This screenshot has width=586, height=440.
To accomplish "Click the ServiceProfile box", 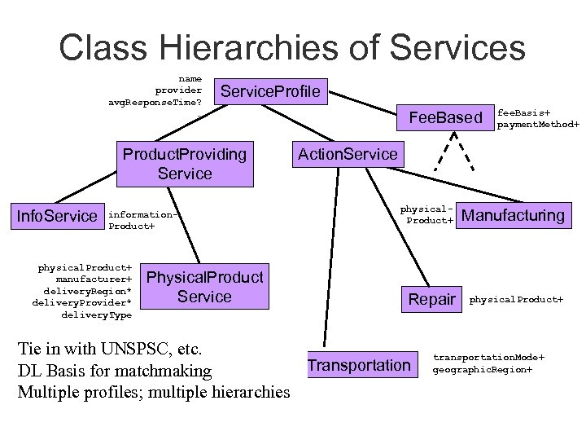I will [271, 90].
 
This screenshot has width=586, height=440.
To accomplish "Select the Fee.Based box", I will [445, 118].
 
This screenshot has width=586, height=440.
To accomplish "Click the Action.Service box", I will [348, 153].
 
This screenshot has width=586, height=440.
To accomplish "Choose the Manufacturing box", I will [512, 215].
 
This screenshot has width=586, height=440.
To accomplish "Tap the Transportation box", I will [359, 365].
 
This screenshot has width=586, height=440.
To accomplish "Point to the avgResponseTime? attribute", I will [155, 102].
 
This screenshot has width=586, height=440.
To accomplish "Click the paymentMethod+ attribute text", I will [538, 125].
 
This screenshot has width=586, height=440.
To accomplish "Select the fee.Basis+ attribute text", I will [524, 112].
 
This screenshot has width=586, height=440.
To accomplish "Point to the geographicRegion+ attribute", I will [483, 369].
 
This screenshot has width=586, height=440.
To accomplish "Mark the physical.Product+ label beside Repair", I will [516, 299].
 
